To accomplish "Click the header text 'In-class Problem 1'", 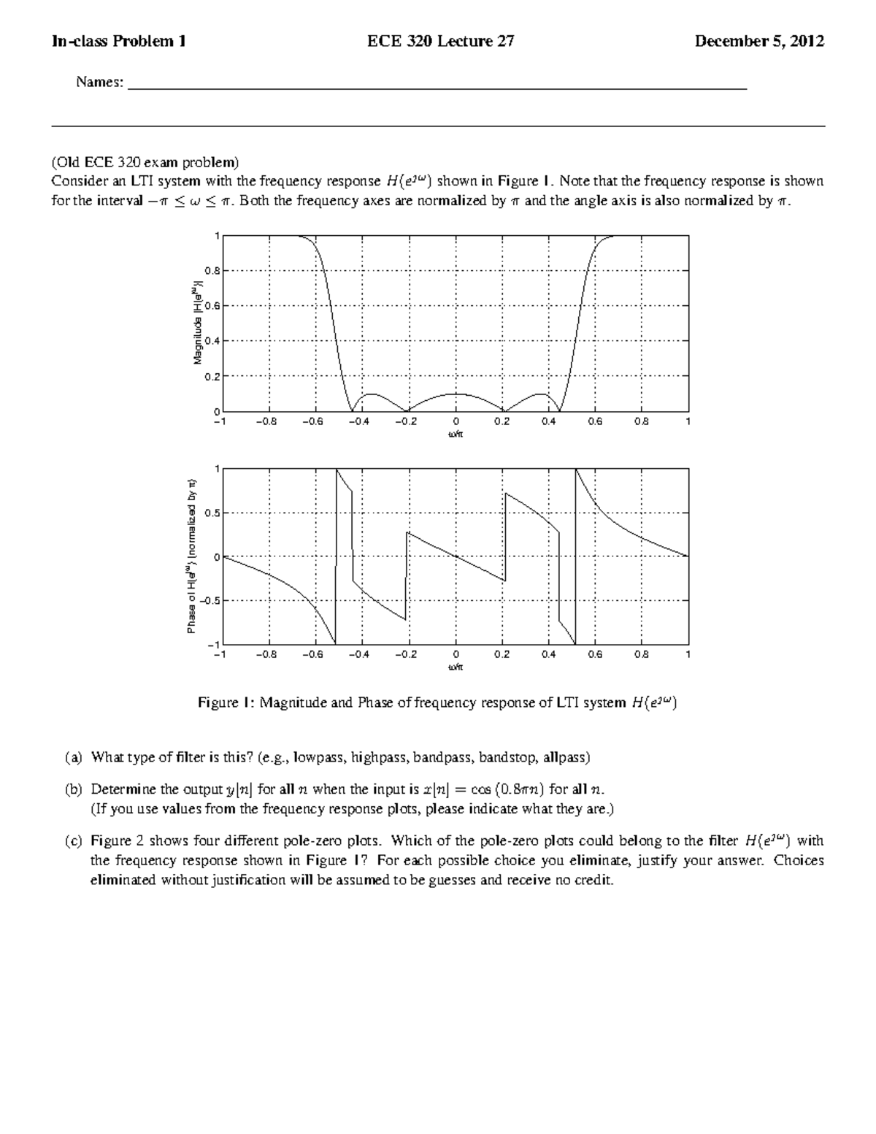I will [118, 42].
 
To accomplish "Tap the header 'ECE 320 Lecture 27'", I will [440, 42].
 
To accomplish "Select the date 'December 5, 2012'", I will [759, 42].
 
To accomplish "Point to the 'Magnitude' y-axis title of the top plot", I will [196, 325].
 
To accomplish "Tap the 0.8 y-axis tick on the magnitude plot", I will [212, 271].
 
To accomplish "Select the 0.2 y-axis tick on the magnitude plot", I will [212, 377].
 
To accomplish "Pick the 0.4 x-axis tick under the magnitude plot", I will [548, 422].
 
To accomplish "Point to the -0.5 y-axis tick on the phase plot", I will [208, 601].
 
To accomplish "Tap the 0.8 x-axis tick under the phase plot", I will [641, 654].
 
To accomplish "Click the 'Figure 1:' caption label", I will [226, 703].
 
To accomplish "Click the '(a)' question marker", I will [73, 757].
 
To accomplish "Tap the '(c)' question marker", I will [73, 840].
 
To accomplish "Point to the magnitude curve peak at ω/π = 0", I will [456, 394].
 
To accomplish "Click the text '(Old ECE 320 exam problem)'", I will [145, 161].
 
